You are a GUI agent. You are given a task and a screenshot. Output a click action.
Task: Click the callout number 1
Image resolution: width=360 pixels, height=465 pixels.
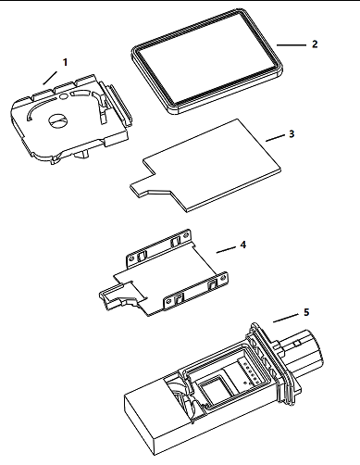click(x=65, y=62)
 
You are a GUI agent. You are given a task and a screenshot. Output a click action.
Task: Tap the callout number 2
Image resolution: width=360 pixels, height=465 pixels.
click(x=315, y=44)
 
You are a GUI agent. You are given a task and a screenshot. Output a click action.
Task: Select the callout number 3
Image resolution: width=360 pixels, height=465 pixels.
click(x=292, y=134)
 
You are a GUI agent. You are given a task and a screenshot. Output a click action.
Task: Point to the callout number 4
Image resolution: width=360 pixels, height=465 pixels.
click(x=243, y=245)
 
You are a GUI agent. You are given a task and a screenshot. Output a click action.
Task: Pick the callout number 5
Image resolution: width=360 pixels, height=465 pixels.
click(x=306, y=312)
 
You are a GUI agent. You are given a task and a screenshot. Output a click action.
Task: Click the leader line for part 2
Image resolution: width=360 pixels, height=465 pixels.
click(x=292, y=45)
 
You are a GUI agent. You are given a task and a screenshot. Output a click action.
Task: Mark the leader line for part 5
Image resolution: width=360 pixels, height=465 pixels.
click(x=286, y=319)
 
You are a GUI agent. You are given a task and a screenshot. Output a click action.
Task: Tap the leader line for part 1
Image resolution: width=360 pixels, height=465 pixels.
click(x=50, y=78)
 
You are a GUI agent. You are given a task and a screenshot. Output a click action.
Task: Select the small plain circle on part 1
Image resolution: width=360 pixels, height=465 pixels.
click(x=63, y=96)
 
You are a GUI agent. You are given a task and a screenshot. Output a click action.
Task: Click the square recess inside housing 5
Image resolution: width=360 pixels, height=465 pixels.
click(x=215, y=388)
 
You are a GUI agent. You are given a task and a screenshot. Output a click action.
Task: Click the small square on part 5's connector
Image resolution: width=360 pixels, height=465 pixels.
click(x=297, y=344)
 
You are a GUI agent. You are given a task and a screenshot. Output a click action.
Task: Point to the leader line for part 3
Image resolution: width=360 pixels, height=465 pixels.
click(x=276, y=138)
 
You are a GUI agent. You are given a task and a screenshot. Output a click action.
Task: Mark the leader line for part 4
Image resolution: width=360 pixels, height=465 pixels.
click(x=227, y=250)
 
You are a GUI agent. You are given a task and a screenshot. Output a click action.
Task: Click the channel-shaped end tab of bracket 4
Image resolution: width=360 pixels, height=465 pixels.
click(x=115, y=296)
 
